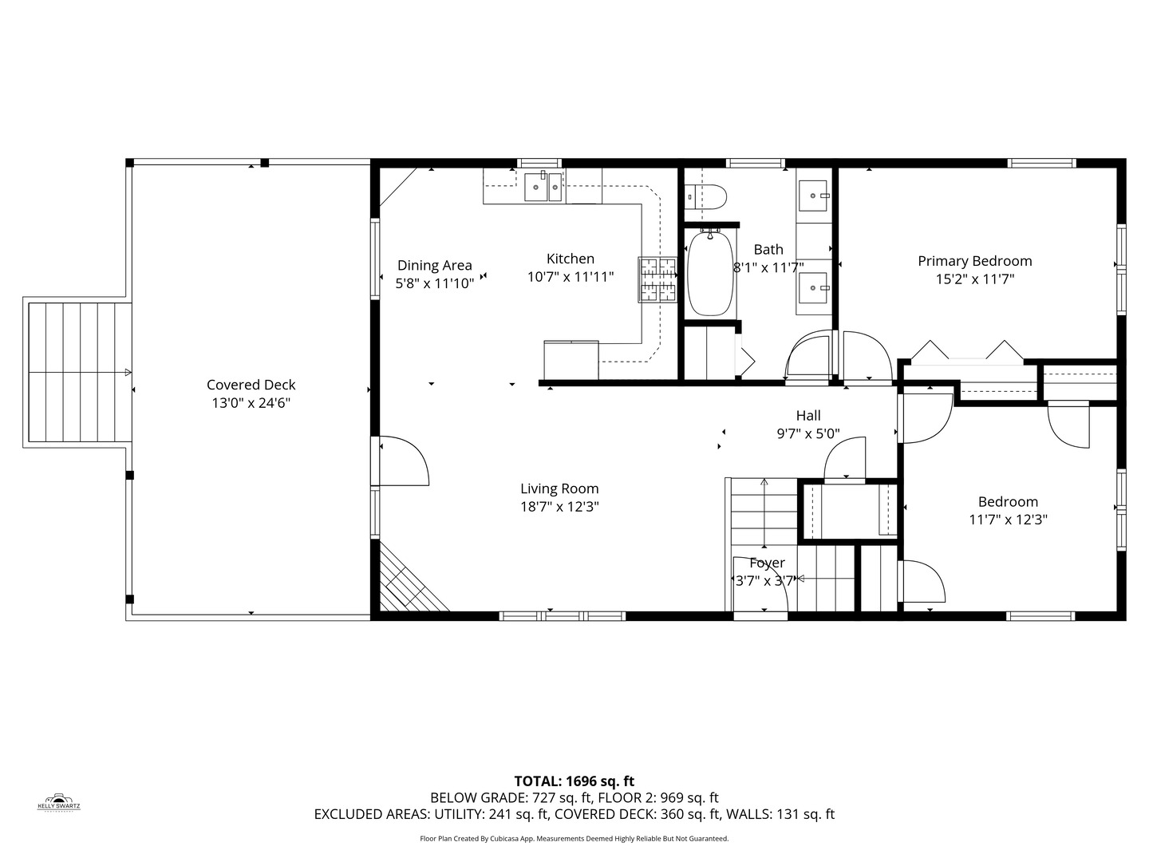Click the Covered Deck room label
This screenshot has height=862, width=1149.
tap(251, 385)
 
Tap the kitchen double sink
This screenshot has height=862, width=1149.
tap(544, 188)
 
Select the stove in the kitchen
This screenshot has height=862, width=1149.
tap(657, 280)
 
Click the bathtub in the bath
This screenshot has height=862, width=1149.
tap(709, 274)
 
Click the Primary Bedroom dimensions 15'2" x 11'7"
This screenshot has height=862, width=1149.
tap(974, 279)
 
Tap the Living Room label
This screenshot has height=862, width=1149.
tap(559, 488)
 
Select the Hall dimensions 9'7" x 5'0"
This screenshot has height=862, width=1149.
tap(808, 433)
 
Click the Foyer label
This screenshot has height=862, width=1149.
tap(767, 563)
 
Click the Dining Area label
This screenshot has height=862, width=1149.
tap(435, 265)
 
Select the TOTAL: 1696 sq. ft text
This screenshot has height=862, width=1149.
tap(574, 781)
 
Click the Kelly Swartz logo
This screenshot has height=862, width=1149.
tap(59, 802)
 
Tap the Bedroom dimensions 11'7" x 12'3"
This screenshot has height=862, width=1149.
tap(1008, 520)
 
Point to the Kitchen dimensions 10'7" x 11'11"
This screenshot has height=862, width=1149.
tap(571, 277)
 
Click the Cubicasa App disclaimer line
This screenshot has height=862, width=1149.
tap(574, 839)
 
